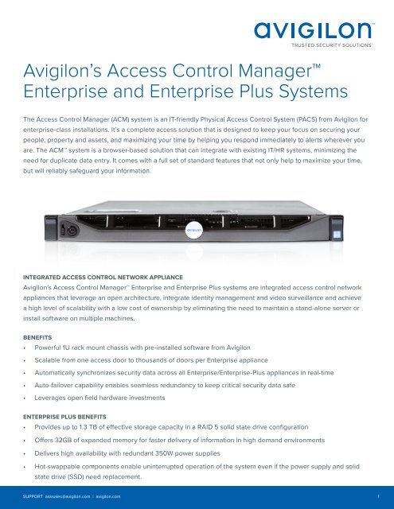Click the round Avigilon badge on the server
click(x=197, y=231)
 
